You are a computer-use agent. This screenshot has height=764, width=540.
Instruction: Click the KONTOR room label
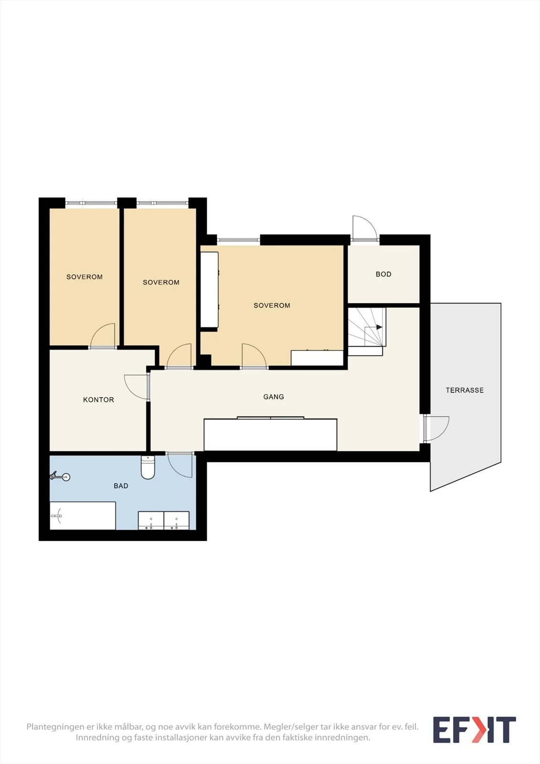pyautogui.click(x=98, y=400)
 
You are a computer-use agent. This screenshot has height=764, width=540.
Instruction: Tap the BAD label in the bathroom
pyautogui.click(x=121, y=486)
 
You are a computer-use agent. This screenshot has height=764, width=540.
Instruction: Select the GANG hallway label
pyautogui.click(x=274, y=397)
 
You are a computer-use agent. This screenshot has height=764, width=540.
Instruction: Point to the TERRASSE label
pyautogui.click(x=465, y=390)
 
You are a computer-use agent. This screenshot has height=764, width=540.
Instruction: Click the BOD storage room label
pyautogui.click(x=383, y=274)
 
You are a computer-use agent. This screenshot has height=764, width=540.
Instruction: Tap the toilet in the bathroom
pyautogui.click(x=148, y=467)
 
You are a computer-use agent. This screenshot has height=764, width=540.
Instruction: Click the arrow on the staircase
pyautogui.click(x=379, y=327)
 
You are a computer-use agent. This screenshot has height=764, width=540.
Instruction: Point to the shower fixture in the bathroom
pyautogui.click(x=60, y=476)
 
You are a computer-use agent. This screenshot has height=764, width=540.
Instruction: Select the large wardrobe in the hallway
pyautogui.click(x=271, y=435)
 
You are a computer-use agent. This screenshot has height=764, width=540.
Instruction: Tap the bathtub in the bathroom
pyautogui.click(x=83, y=516)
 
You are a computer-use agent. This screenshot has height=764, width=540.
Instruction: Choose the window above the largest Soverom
pyautogui.click(x=238, y=240)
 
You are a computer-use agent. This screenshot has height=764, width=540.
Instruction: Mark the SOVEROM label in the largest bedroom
pyautogui.click(x=272, y=306)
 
